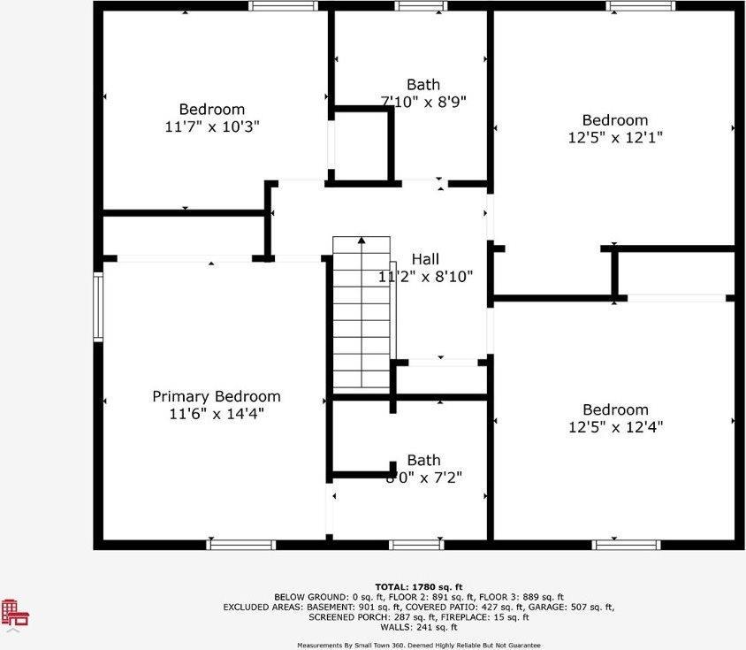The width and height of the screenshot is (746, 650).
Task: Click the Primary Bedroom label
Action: pyautogui.click(x=217, y=396)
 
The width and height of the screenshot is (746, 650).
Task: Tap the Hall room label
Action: pyautogui.click(x=425, y=259)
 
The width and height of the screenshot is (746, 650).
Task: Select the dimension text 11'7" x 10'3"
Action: pyautogui.click(x=212, y=126)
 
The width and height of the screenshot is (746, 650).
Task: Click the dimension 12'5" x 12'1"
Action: pyautogui.click(x=615, y=137)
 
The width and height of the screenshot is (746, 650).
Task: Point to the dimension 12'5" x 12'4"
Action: pyautogui.click(x=615, y=426)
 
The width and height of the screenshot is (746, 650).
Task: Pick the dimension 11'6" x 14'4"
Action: pyautogui.click(x=217, y=413)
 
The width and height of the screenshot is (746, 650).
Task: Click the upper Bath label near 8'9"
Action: pyautogui.click(x=423, y=85)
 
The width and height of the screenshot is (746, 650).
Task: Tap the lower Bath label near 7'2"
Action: pyautogui.click(x=423, y=460)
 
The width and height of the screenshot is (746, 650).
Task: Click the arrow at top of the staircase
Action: pyautogui.click(x=362, y=240)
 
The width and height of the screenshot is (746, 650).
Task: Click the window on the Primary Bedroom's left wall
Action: pyautogui.click(x=98, y=307)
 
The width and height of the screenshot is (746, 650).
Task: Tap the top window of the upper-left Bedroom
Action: pyautogui.click(x=283, y=6)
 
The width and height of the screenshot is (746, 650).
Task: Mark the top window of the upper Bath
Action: pyautogui.click(x=421, y=6)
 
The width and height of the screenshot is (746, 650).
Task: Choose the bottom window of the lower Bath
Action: pyautogui.click(x=417, y=544)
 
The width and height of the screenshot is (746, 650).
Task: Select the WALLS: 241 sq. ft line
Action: pyautogui.click(x=418, y=627)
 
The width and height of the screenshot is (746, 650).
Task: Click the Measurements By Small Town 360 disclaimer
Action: pyautogui.click(x=418, y=645)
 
